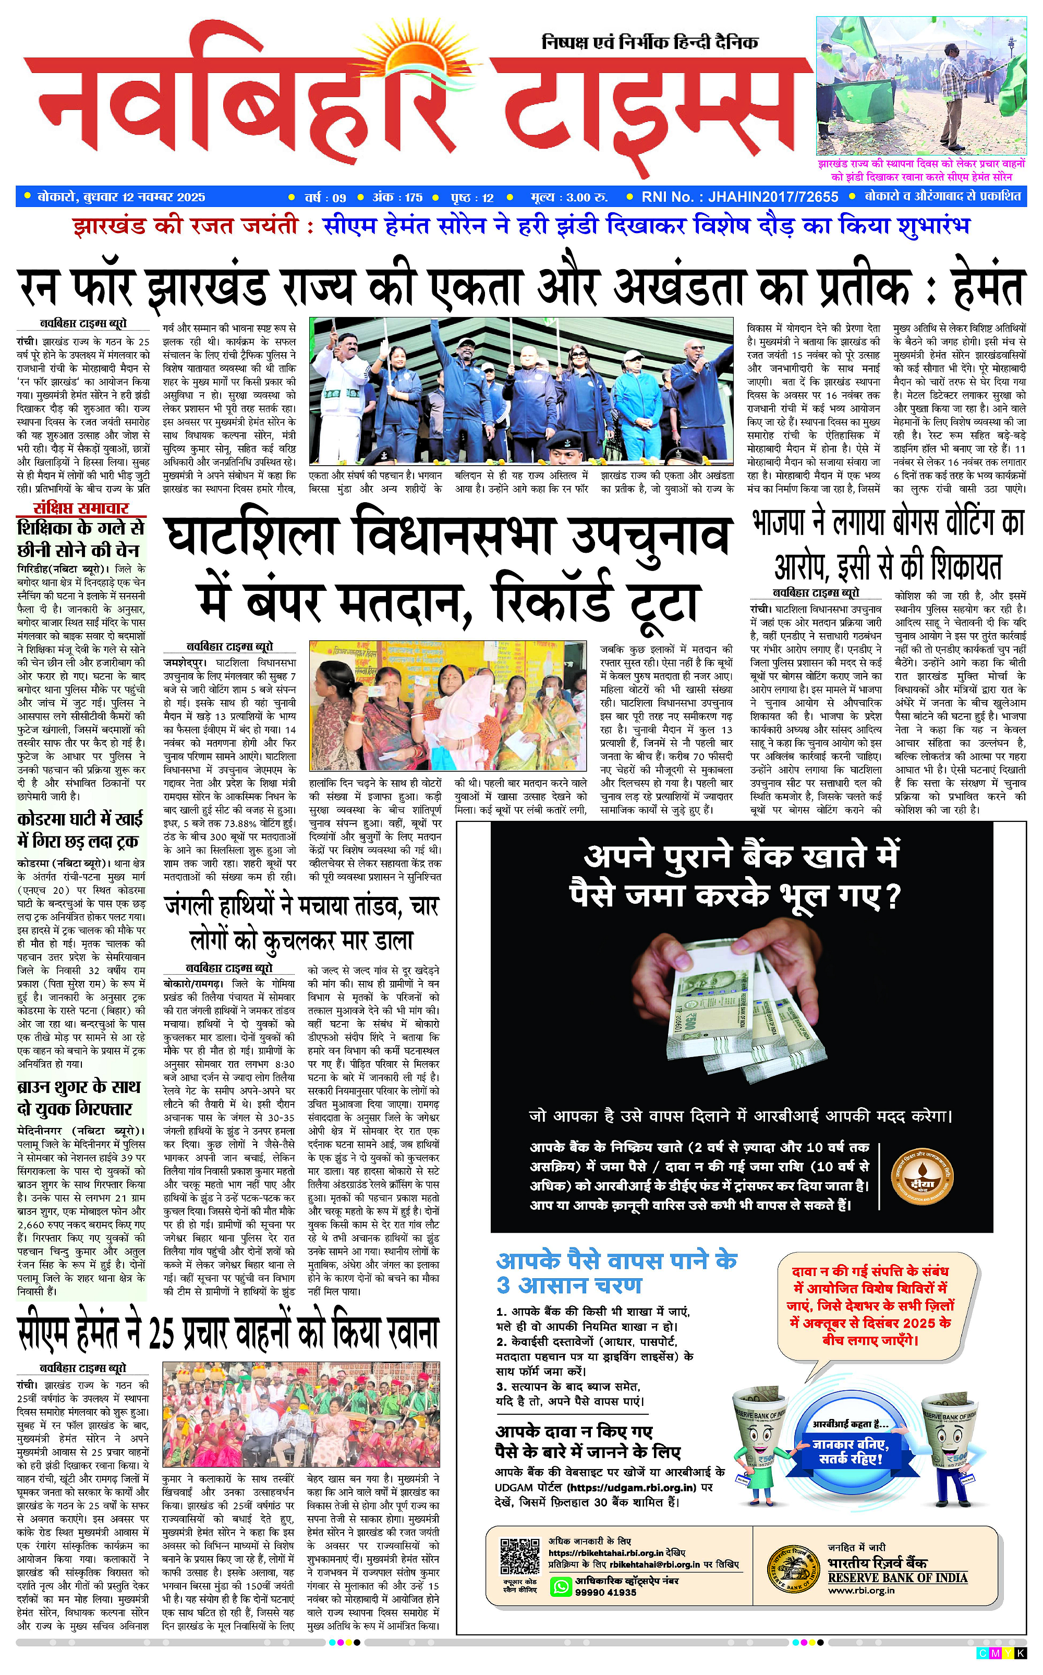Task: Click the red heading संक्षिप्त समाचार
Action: [x=81, y=508]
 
